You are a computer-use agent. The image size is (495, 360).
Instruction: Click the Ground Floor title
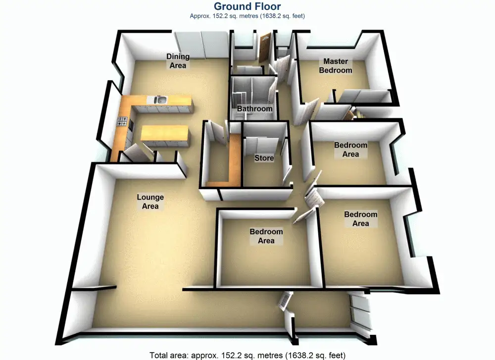pos(247,6)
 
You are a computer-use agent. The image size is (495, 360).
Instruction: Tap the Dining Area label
pos(178,61)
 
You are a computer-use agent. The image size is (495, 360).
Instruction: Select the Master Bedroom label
pos(336,66)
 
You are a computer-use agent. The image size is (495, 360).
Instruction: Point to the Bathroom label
pos(254,109)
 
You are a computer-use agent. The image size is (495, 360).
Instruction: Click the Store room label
pos(264,158)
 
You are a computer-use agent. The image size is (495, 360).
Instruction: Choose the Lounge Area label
pos(150,202)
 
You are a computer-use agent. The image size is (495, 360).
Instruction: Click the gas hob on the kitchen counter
pos(122,120)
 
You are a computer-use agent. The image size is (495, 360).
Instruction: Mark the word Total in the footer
pos(159,355)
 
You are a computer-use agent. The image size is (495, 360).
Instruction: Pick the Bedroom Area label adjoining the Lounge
pos(266,236)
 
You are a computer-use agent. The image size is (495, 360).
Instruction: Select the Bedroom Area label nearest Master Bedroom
pos(350,150)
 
